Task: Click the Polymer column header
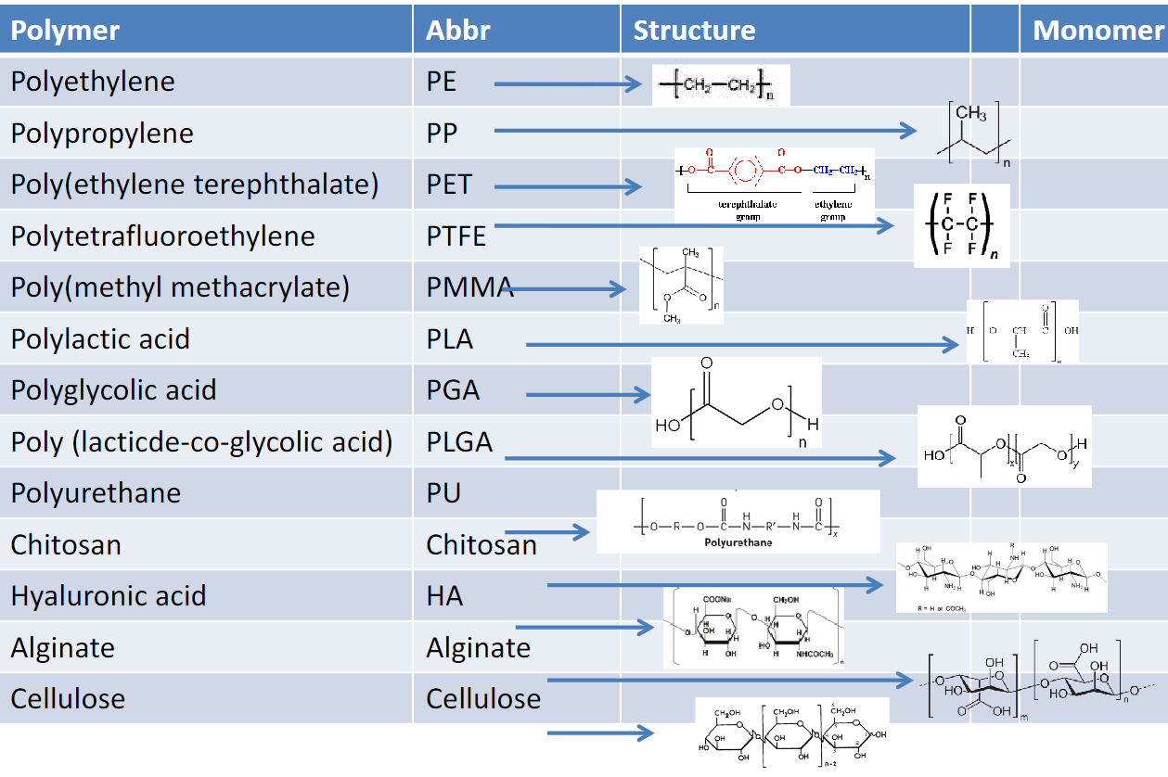coord(65,31)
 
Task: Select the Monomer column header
coord(1097,31)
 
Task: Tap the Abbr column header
coord(457,31)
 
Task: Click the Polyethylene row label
coord(93,82)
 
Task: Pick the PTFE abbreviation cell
coord(456,236)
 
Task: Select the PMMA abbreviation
coord(469,287)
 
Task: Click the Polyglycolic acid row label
coord(113,390)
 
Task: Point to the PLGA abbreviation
coord(459,442)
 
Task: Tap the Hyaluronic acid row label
coord(109,596)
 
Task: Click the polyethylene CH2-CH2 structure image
coord(720,85)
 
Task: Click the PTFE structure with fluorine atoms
coord(961,225)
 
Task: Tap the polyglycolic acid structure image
coord(736,402)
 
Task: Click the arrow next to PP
coord(705,131)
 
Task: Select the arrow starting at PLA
coord(742,345)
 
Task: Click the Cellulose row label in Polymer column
coord(68,699)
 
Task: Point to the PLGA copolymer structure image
coord(1004,446)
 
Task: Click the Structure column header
coord(694,31)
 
